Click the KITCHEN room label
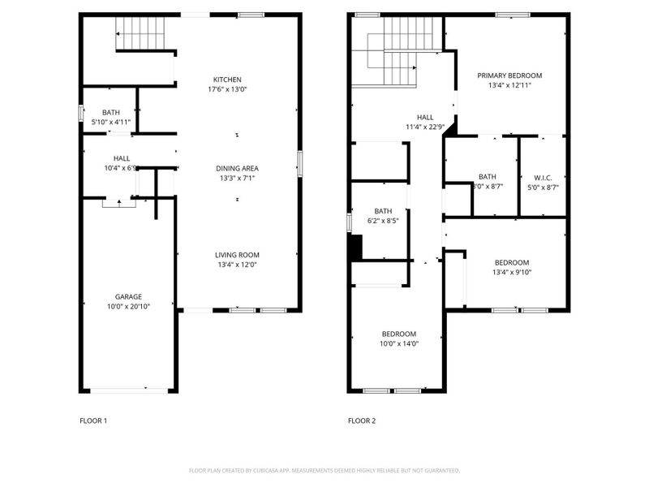pyautogui.click(x=227, y=80)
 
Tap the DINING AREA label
pyautogui.click(x=237, y=168)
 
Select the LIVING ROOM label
pyautogui.click(x=237, y=255)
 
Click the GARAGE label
pyautogui.click(x=128, y=297)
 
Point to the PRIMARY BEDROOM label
pyautogui.click(x=509, y=75)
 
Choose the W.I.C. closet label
pyautogui.click(x=543, y=177)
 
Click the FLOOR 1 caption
pyautogui.click(x=92, y=420)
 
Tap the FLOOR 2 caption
pyautogui.click(x=362, y=420)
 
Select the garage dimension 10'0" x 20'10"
pyautogui.click(x=128, y=307)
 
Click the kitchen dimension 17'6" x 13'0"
pyautogui.click(x=227, y=89)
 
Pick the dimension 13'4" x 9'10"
pyautogui.click(x=512, y=273)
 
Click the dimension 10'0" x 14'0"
pyautogui.click(x=399, y=343)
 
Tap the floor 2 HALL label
pyautogui.click(x=425, y=117)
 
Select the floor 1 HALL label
pyautogui.click(x=122, y=158)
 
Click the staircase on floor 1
pyautogui.click(x=142, y=32)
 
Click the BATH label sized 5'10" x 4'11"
pyautogui.click(x=111, y=112)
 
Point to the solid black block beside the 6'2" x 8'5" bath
pyautogui.click(x=355, y=248)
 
